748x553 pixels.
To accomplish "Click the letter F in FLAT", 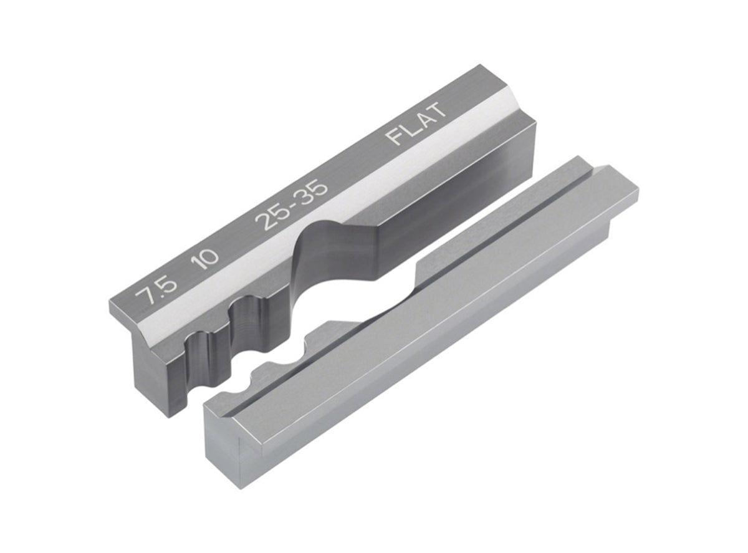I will [x=395, y=137].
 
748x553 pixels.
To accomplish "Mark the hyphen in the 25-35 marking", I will [x=295, y=206].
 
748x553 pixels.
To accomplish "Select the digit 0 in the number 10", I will [x=213, y=251].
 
